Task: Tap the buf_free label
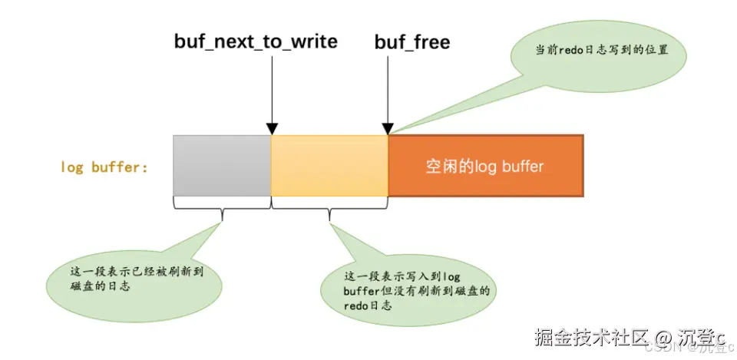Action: [411, 41]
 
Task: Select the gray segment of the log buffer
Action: [222, 165]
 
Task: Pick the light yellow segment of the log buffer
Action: [329, 165]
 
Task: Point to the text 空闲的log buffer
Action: [484, 166]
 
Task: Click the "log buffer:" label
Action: [104, 167]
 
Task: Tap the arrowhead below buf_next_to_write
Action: [271, 129]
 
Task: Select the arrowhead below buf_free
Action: [388, 129]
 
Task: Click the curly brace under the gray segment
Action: [222, 204]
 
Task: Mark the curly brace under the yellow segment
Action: [329, 204]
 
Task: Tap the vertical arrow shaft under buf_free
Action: [388, 88]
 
